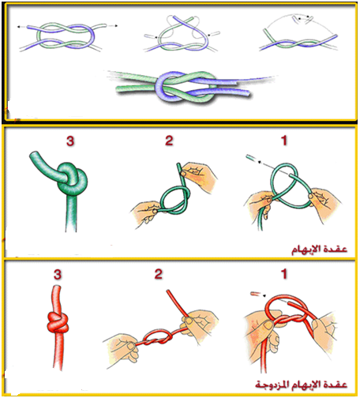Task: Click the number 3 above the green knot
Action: pyautogui.click(x=70, y=141)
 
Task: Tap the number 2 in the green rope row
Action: pyautogui.click(x=169, y=141)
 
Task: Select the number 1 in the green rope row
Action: pyautogui.click(x=283, y=141)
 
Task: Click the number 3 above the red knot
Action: pyautogui.click(x=58, y=275)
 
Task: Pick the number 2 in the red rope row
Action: pyautogui.click(x=159, y=274)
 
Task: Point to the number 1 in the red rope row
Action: pyautogui.click(x=283, y=274)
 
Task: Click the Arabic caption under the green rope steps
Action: pyautogui.click(x=319, y=249)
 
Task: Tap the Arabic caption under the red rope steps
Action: pyautogui.click(x=301, y=384)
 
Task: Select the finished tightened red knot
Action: pyautogui.click(x=58, y=322)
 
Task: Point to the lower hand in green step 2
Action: pyautogui.click(x=145, y=212)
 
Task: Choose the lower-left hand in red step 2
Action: pyautogui.click(x=122, y=350)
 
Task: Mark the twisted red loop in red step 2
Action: pyautogui.click(x=157, y=337)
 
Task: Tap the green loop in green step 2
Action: pyautogui.click(x=174, y=200)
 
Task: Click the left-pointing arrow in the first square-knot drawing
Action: pyautogui.click(x=21, y=27)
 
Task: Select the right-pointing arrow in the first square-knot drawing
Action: pyautogui.click(x=113, y=26)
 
